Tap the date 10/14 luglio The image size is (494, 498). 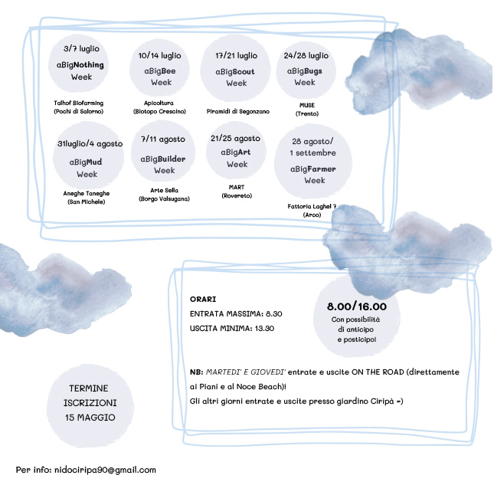pos(160,56)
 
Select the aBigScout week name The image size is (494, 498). pos(236,71)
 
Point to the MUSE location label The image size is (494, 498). pos(307,105)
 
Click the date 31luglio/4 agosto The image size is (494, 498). pos(90,144)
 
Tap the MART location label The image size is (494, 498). pos(236,186)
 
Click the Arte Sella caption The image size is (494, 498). pos(165,190)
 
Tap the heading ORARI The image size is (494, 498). pos(202,299)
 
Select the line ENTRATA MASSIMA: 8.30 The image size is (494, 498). pos(236,313)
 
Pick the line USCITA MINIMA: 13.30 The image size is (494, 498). pos(231,328)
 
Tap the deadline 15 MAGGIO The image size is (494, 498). pos(90,418)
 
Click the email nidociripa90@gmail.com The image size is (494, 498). pos(105,470)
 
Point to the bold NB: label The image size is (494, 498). pos(196,372)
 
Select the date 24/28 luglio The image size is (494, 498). pos(306,55)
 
